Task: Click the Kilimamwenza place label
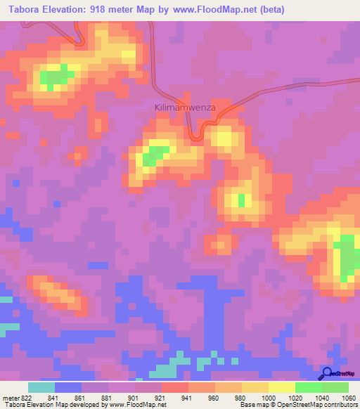point(185,108)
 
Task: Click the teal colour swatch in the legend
point(41,387)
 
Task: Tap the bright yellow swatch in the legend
point(282,387)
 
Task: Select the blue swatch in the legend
point(68,387)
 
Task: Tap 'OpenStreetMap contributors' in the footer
point(321,404)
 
